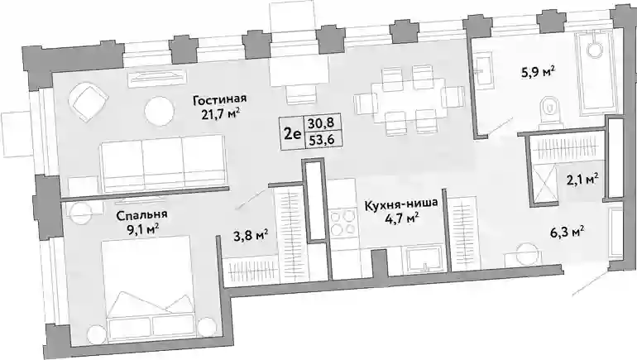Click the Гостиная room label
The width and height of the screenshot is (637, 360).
tap(220, 99)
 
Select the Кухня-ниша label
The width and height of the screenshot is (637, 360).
tap(401, 203)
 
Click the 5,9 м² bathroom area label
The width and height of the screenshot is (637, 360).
tap(538, 73)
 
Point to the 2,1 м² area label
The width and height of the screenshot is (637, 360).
tap(582, 179)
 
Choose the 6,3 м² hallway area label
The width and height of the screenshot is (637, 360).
tap(568, 232)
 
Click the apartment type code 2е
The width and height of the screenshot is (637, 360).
tap(292, 132)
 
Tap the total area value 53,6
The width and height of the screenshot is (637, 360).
tap(318, 140)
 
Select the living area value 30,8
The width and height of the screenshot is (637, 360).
tap(318, 122)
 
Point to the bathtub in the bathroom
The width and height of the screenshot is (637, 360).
tap(593, 71)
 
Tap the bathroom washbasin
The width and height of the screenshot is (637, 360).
tap(484, 71)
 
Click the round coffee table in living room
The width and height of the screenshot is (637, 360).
tap(159, 111)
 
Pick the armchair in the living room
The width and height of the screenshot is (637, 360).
tap(89, 101)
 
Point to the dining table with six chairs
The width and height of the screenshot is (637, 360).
tap(409, 100)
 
